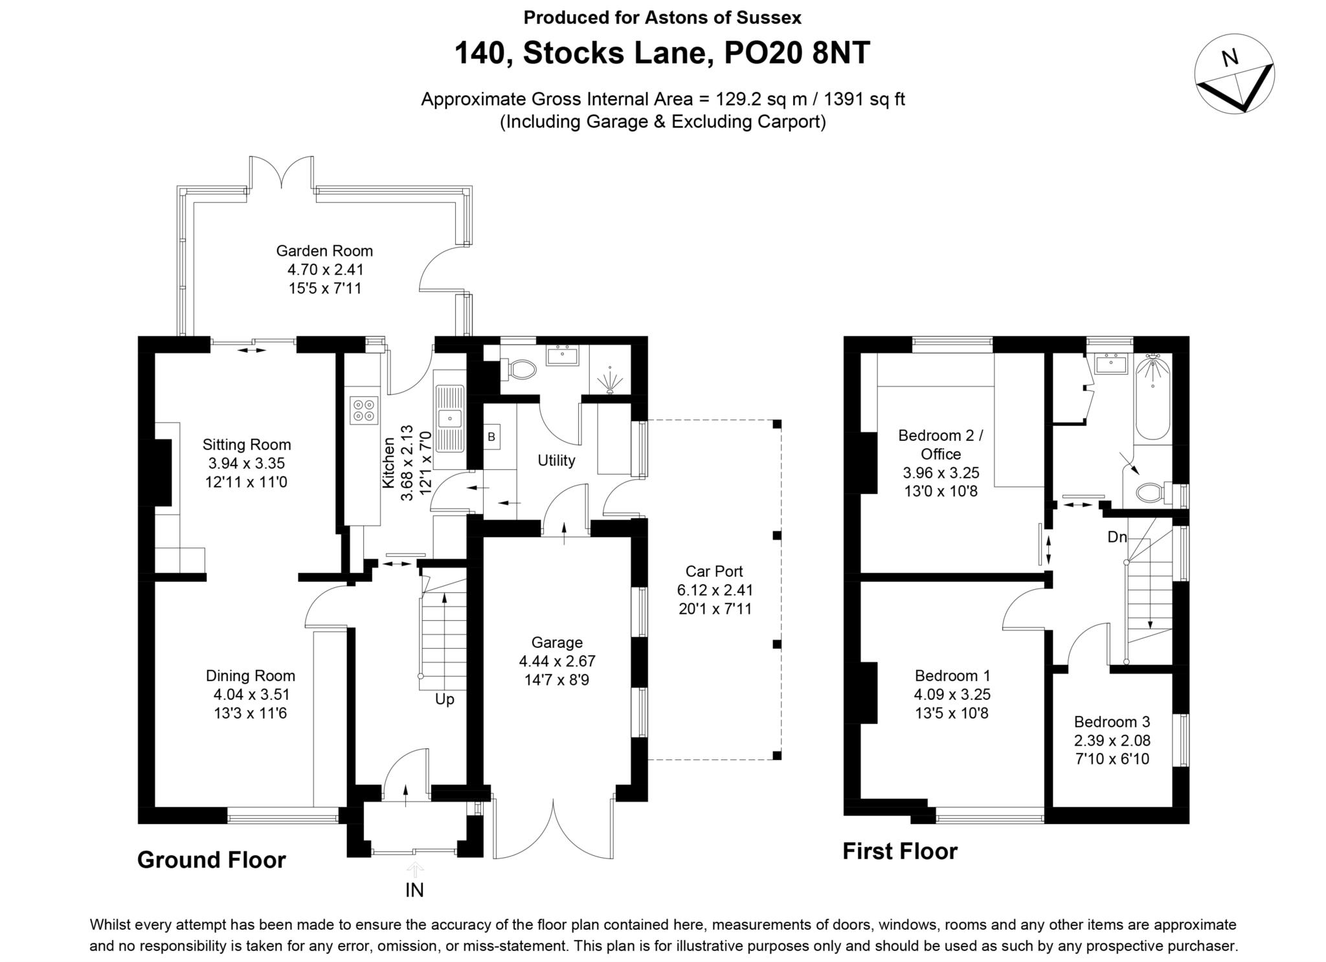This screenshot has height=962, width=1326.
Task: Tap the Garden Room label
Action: tap(324, 251)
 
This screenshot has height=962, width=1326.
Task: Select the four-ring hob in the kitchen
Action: tap(363, 410)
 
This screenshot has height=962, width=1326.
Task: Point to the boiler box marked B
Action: tap(491, 437)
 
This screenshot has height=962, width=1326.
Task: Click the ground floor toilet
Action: tap(522, 370)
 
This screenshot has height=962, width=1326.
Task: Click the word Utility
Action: tap(556, 460)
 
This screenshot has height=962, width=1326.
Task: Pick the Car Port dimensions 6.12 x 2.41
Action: tap(715, 590)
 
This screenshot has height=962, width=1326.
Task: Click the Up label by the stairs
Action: tap(444, 700)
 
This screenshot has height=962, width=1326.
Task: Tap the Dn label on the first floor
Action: tap(1117, 537)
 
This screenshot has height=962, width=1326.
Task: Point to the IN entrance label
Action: tap(414, 890)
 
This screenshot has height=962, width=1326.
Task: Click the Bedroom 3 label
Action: tap(1112, 722)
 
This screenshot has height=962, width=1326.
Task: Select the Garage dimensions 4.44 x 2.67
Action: tap(557, 662)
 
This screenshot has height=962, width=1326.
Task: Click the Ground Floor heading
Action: tap(211, 860)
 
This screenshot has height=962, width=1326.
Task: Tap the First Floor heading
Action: tap(899, 851)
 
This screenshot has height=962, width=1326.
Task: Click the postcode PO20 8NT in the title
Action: tap(796, 53)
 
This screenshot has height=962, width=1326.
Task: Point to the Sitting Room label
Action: tap(247, 445)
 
